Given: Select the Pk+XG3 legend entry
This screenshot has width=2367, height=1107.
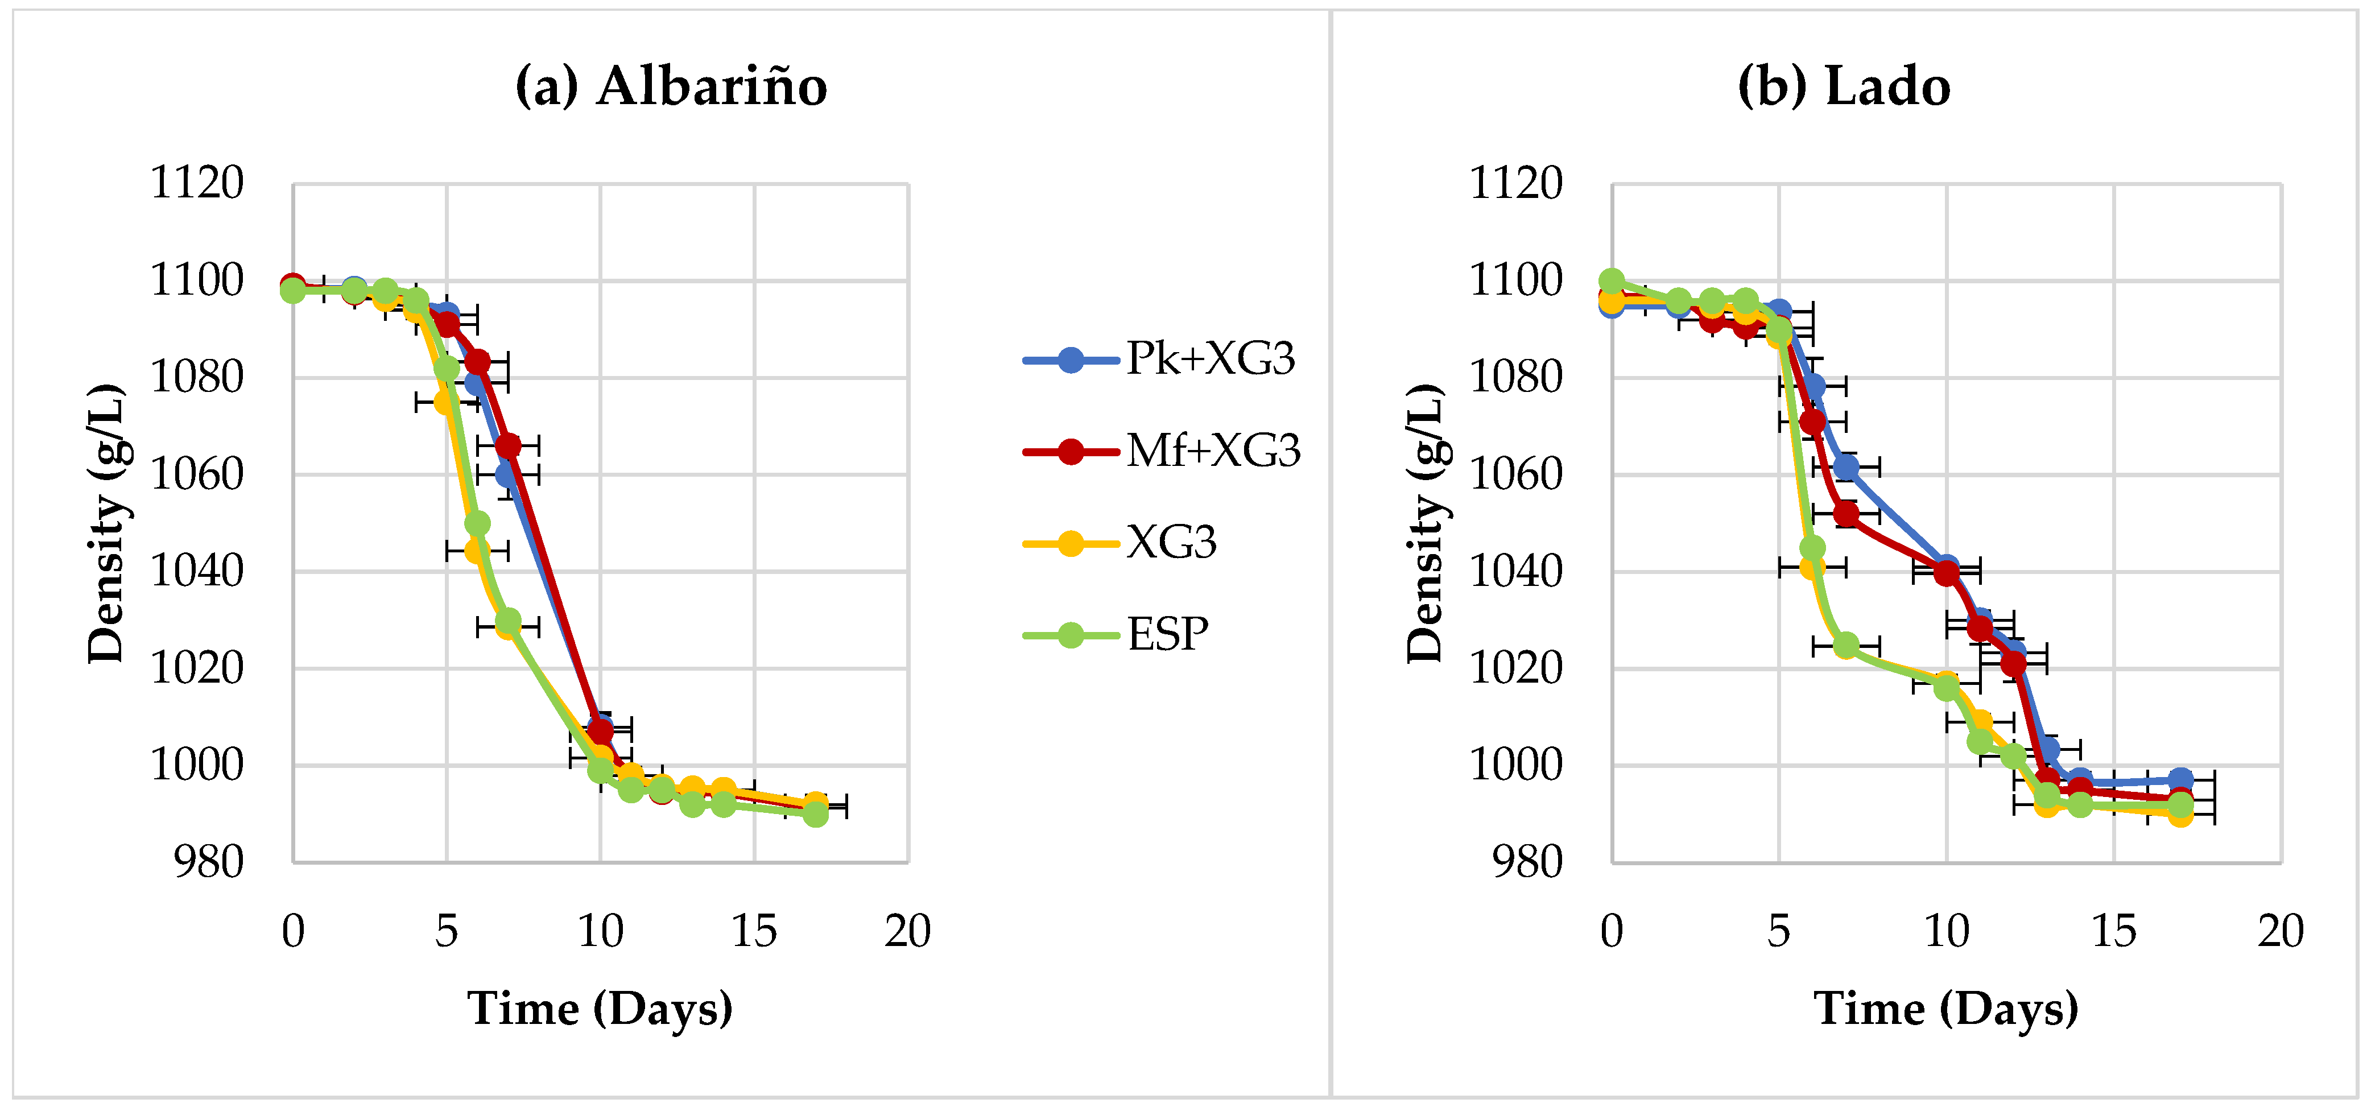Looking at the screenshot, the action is point(1160,358).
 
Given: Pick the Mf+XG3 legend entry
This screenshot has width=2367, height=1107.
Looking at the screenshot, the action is point(1162,450).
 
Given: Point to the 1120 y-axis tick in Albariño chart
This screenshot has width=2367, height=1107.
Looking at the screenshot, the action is point(197,183).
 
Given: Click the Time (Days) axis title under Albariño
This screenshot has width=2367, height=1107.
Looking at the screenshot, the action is point(600,1009).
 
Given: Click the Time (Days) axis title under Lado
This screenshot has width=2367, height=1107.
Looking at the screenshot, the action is point(1946,1009).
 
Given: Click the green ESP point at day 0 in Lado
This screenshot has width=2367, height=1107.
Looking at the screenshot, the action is point(1612,281).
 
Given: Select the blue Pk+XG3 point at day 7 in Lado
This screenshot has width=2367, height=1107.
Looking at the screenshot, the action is point(1846,468).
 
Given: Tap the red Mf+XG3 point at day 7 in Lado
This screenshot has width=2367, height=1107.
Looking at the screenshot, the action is point(1846,514).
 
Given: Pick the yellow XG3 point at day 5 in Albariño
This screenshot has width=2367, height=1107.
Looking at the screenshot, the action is point(445,402).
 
